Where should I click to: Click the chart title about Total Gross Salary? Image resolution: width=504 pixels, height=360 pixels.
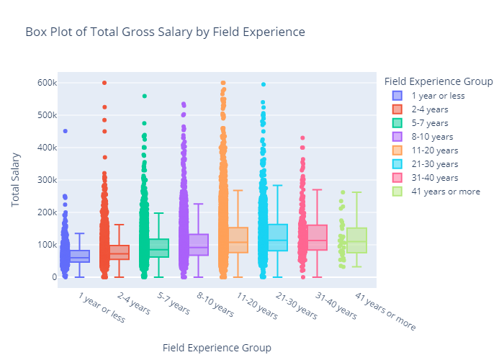click(165, 32)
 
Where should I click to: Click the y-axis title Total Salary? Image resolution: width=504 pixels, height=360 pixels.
click(16, 179)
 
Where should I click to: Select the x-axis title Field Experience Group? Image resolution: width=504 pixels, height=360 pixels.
click(217, 348)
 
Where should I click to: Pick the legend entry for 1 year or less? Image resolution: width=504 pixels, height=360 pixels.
click(438, 96)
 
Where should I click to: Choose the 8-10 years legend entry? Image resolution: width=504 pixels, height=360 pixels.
click(431, 137)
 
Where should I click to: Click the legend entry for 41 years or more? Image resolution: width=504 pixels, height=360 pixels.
click(441, 192)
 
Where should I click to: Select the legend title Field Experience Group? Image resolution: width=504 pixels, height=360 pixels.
click(438, 81)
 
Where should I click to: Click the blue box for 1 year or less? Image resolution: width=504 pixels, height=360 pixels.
click(80, 256)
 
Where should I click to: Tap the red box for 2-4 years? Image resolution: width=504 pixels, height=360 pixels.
click(120, 252)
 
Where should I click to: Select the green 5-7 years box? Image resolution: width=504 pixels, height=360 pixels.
click(159, 248)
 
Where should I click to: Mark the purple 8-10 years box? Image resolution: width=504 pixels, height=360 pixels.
click(199, 245)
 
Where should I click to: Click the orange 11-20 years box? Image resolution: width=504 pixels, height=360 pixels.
click(238, 240)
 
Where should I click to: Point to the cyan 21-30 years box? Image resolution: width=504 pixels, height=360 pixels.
click(278, 238)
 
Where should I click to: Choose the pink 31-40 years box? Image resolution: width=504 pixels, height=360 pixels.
click(318, 238)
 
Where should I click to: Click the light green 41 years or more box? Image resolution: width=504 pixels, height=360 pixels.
click(356, 240)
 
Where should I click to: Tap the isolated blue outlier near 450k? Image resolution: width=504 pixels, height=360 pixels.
click(65, 131)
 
